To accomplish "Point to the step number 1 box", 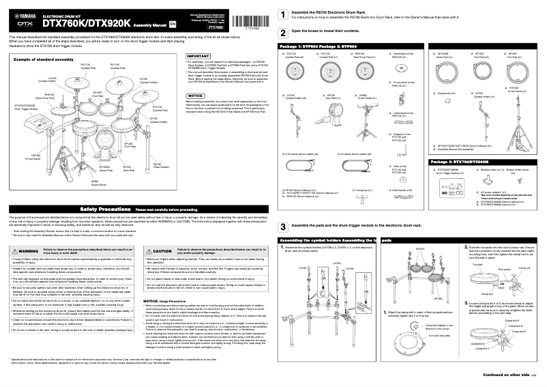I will (283, 14).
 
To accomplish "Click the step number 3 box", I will (283, 226).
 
